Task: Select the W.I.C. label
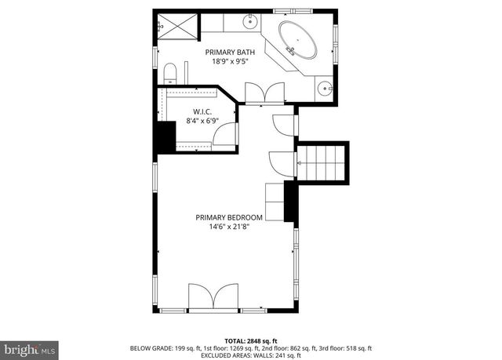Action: point(202,111)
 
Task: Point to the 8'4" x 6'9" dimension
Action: point(202,121)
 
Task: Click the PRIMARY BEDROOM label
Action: point(229,217)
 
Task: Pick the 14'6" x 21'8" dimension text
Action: point(229,227)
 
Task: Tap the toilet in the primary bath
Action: point(169,75)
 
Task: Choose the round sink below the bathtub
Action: point(326,87)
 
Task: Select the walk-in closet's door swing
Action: point(225,134)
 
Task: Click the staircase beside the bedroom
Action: point(322,162)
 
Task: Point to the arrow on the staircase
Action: point(299,162)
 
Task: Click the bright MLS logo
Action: point(30,346)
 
